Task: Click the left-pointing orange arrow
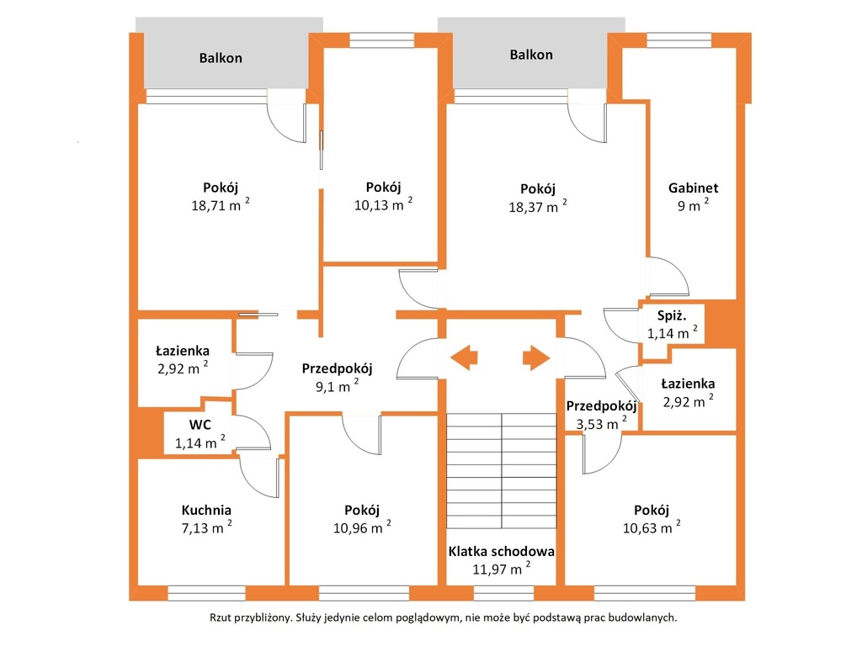tap(464, 357)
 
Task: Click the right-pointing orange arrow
tap(536, 357)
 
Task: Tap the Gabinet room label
tap(693, 188)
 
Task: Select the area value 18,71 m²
tap(220, 205)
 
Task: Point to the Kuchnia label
tap(206, 510)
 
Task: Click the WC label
tap(200, 425)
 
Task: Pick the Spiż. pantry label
tap(672, 316)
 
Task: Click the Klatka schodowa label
tap(501, 551)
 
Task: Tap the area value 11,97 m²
tap(502, 568)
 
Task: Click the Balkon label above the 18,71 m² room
tap(221, 58)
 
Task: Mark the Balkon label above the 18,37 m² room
tap(531, 55)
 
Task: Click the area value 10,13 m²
tap(383, 204)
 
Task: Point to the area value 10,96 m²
tap(362, 527)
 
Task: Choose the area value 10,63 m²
tap(652, 527)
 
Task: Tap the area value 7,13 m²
tap(206, 527)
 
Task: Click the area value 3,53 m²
tap(601, 423)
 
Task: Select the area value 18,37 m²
tap(538, 207)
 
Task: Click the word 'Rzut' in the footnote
tap(221, 617)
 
